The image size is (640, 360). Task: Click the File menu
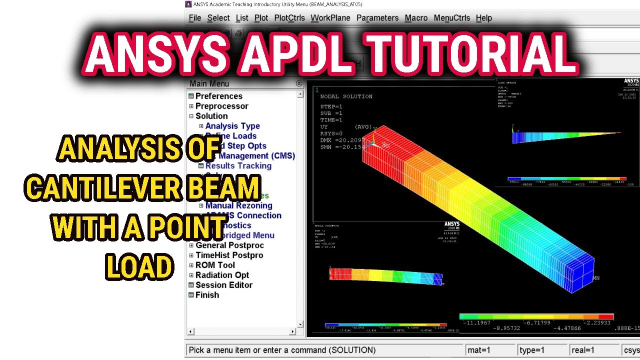pyautogui.click(x=194, y=18)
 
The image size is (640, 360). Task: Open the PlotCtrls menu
pyautogui.click(x=289, y=18)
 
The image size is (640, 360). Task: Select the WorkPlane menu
pyautogui.click(x=329, y=18)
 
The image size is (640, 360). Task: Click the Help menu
pyautogui.click(x=483, y=18)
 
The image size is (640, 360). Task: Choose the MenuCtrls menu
pyautogui.click(x=451, y=18)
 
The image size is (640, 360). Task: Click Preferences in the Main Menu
pyautogui.click(x=218, y=96)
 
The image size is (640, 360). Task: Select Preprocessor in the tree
pyautogui.click(x=221, y=106)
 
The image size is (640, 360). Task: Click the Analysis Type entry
pyautogui.click(x=232, y=126)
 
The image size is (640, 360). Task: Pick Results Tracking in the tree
pyautogui.click(x=238, y=165)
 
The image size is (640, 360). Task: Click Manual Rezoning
pyautogui.click(x=238, y=205)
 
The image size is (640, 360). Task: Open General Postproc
pyautogui.click(x=229, y=245)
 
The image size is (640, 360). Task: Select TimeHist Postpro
pyautogui.click(x=229, y=255)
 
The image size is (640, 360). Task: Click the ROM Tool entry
pyautogui.click(x=215, y=265)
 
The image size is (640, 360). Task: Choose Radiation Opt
pyautogui.click(x=222, y=275)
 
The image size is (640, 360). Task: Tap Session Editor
pyautogui.click(x=223, y=285)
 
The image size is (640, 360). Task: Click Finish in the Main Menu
pyautogui.click(x=207, y=295)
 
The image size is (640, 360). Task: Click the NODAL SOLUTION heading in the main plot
pyautogui.click(x=346, y=96)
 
